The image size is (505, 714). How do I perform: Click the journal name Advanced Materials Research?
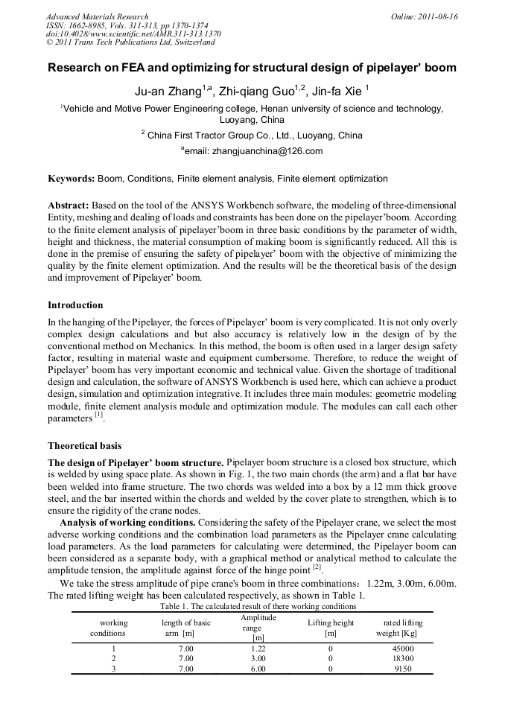[97, 16]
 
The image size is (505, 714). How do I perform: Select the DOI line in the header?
[134, 34]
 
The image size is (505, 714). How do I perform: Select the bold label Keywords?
[72, 179]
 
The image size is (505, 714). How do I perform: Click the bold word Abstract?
[69, 205]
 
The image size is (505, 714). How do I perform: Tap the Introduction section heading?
[75, 305]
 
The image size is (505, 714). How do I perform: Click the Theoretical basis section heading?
[84, 446]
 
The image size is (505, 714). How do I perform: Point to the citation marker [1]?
[98, 415]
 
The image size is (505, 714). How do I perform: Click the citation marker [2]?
[316, 567]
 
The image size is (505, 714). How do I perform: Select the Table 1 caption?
[258, 606]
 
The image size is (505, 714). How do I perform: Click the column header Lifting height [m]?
[330, 628]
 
